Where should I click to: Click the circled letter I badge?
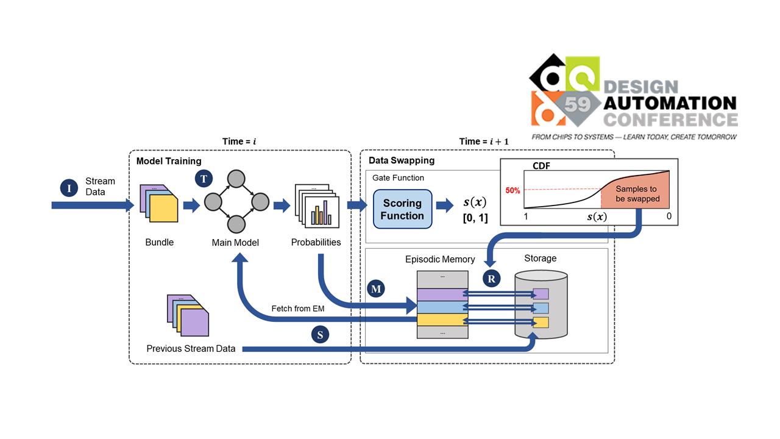pyautogui.click(x=69, y=188)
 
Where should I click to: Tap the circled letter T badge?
pyautogui.click(x=204, y=179)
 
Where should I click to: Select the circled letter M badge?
pyautogui.click(x=376, y=289)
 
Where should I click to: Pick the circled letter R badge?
pyautogui.click(x=491, y=279)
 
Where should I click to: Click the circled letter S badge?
pyautogui.click(x=320, y=334)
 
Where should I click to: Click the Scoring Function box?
pyautogui.click(x=402, y=209)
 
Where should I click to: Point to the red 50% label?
pyautogui.click(x=512, y=190)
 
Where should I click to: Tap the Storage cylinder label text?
pyautogui.click(x=540, y=259)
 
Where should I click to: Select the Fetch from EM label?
pyautogui.click(x=298, y=309)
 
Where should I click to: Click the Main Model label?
pyautogui.click(x=235, y=243)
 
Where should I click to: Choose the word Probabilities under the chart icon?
pyautogui.click(x=316, y=243)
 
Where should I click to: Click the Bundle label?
pyautogui.click(x=160, y=243)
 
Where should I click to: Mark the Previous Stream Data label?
pyautogui.click(x=191, y=349)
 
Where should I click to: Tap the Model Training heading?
pyautogui.click(x=169, y=161)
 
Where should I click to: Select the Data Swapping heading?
pyautogui.click(x=402, y=161)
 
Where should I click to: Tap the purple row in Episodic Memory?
pyautogui.click(x=442, y=294)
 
